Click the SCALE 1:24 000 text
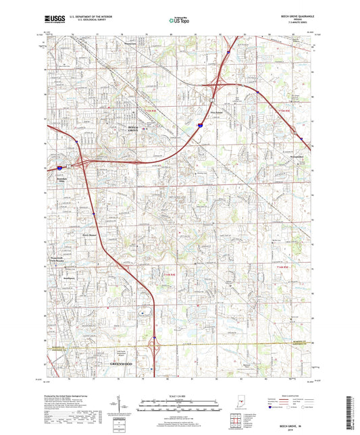coord(180,396)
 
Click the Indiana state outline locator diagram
coord(240,405)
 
